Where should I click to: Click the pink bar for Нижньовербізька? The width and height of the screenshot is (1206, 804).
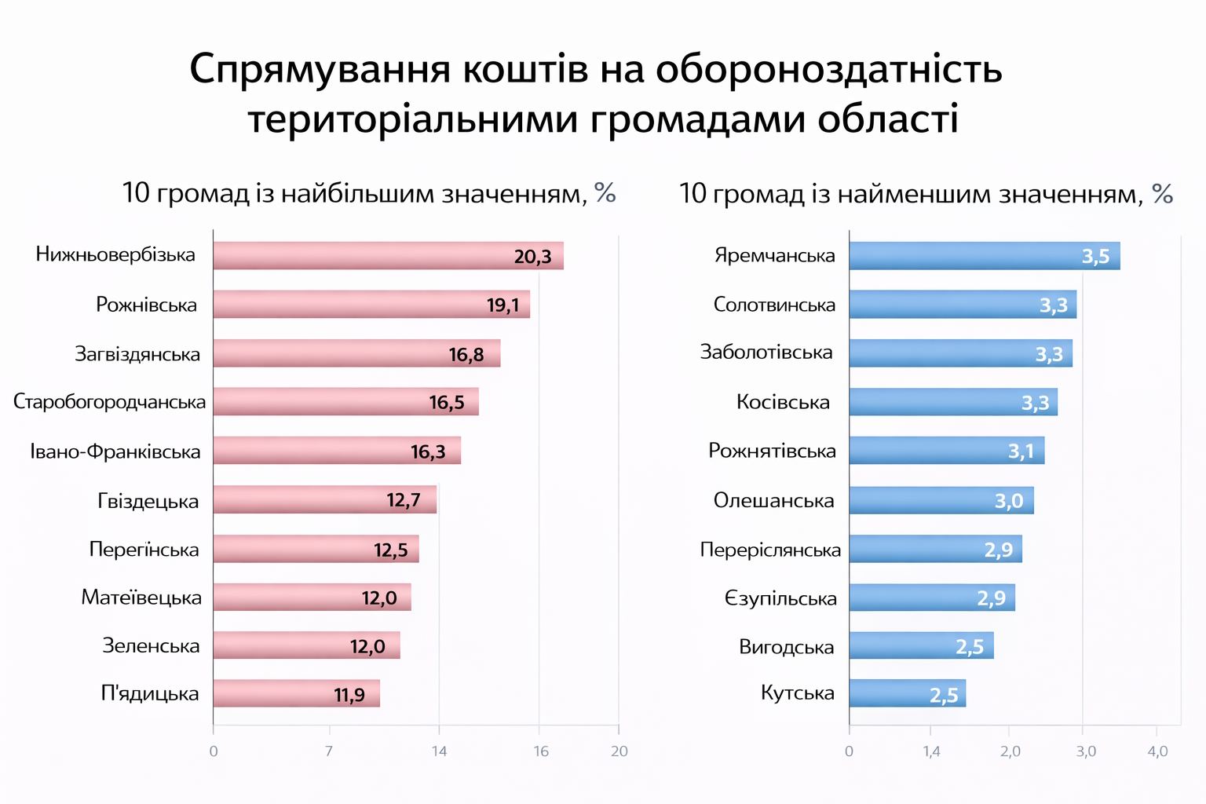pyautogui.click(x=388, y=256)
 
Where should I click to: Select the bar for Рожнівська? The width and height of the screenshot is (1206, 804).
pyautogui.click(x=371, y=305)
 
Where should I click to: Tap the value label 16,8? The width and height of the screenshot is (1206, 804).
pyautogui.click(x=466, y=355)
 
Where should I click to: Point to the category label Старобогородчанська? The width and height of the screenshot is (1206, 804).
pyautogui.click(x=110, y=402)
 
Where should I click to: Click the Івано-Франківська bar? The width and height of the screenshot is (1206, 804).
pyautogui.click(x=337, y=451)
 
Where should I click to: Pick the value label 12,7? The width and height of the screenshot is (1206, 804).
pyautogui.click(x=404, y=500)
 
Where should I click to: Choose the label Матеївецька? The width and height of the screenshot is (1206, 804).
pyautogui.click(x=141, y=598)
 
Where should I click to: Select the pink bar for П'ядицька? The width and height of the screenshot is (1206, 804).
pyautogui.click(x=296, y=693)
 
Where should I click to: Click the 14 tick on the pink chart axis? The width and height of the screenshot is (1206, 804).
pyautogui.click(x=439, y=751)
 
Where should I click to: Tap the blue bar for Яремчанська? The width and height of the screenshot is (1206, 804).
pyautogui.click(x=984, y=256)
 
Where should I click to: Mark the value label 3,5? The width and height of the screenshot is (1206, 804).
pyautogui.click(x=1095, y=257)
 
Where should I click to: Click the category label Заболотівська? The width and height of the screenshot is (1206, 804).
pyautogui.click(x=766, y=353)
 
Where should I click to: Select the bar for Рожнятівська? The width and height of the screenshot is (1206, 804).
pyautogui.click(x=946, y=451)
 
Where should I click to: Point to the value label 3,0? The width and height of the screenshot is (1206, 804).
pyautogui.click(x=1009, y=501)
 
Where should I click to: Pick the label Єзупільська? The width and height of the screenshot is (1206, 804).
pyautogui.click(x=780, y=599)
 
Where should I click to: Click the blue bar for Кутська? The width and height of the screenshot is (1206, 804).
pyautogui.click(x=907, y=693)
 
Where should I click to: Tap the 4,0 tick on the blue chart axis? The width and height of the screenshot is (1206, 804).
pyautogui.click(x=1157, y=751)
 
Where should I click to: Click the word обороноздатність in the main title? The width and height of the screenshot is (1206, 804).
pyautogui.click(x=829, y=69)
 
